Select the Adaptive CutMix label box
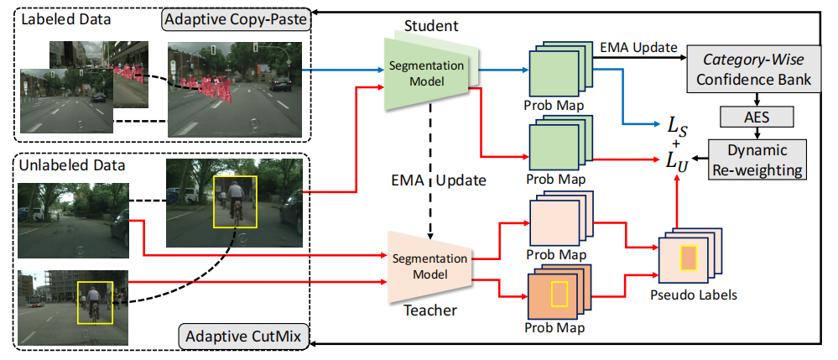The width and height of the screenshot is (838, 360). click(x=243, y=337)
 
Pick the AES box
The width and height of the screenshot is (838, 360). click(x=756, y=117)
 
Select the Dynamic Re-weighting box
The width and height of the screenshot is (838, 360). click(x=757, y=159)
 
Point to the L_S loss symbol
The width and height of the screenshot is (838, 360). click(x=676, y=126)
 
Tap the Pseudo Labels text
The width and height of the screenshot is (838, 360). click(x=687, y=295)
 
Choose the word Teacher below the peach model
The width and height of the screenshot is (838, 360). click(x=431, y=310)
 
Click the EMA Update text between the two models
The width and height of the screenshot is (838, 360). click(x=430, y=181)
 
